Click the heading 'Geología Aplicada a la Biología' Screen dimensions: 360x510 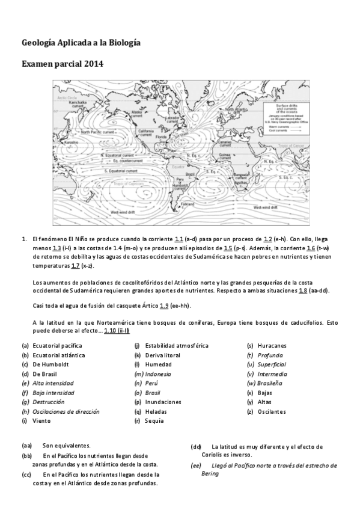81,43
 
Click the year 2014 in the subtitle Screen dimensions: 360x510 94,63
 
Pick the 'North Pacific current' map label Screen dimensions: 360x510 98,132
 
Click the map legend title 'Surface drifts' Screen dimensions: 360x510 287,105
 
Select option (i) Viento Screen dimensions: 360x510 41,420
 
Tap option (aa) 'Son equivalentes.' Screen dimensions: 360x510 66,446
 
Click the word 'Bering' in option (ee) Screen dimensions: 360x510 210,473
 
